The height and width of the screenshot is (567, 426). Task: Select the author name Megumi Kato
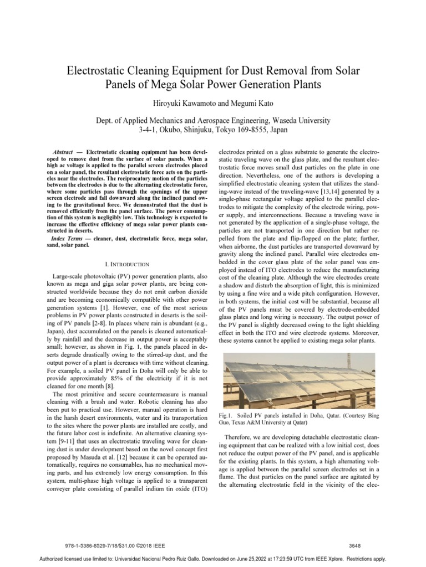point(242,104)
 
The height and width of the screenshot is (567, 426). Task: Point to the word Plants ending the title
point(306,85)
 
